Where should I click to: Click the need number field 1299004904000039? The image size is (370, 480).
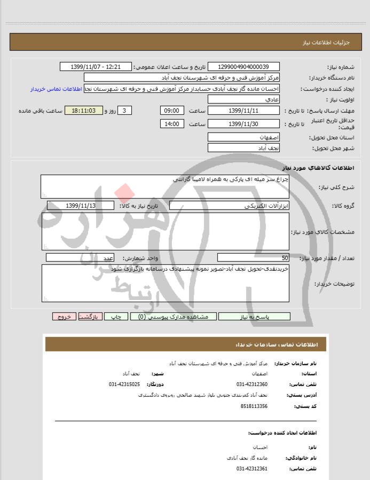[x=243, y=67]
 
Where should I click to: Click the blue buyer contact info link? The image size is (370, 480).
[x=56, y=89]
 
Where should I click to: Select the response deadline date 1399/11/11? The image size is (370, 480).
[x=243, y=111]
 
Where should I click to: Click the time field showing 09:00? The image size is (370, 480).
[x=172, y=111]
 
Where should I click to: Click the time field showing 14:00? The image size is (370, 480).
[x=172, y=124]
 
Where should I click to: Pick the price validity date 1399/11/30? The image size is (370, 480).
[x=243, y=124]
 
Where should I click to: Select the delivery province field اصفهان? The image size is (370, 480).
[x=243, y=137]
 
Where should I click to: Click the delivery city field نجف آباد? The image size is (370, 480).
[x=243, y=148]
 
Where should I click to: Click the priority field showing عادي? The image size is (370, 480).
[x=243, y=100]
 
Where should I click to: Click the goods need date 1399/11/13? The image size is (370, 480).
[x=81, y=206]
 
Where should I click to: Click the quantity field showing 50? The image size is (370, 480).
[x=253, y=257]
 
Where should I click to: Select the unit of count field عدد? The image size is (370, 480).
[x=81, y=257]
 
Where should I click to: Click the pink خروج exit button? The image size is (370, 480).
[x=65, y=317]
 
